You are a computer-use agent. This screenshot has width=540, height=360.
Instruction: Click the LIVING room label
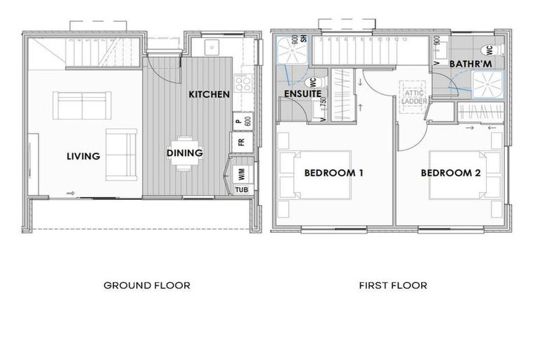point(84,156)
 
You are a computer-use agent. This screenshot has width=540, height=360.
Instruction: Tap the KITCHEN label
point(209,94)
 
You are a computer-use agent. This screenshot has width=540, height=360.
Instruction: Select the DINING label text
point(185,153)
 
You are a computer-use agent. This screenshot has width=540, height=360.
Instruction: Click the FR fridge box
point(240,142)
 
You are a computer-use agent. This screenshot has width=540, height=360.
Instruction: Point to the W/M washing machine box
point(240,172)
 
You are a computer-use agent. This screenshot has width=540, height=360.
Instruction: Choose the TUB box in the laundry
point(240,190)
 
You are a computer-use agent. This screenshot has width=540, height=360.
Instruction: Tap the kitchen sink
point(212,48)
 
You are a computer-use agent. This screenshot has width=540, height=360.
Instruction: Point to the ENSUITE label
point(303,94)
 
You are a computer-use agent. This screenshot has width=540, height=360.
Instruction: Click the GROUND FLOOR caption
point(147,285)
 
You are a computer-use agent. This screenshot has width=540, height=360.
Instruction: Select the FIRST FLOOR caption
point(393,285)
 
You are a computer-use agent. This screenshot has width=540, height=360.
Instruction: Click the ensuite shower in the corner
point(290,50)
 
